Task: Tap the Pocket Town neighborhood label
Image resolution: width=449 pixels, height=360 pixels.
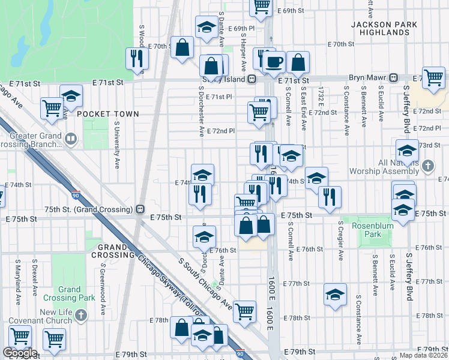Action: point(108,113)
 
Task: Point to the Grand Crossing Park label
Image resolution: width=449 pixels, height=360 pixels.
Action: point(69,293)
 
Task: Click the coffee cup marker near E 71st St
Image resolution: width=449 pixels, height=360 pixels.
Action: point(274,62)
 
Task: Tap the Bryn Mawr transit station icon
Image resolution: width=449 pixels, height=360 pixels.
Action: point(394,77)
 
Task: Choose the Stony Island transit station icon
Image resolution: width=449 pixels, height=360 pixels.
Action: point(253,79)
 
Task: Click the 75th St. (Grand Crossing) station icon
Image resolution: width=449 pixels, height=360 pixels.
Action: point(139,209)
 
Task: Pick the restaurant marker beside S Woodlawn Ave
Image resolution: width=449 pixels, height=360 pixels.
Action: point(137,58)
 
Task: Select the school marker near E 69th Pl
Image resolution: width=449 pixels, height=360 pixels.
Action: point(206,27)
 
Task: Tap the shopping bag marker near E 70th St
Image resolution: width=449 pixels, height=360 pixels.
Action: point(182,47)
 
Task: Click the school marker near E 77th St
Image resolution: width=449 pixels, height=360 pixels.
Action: point(335,295)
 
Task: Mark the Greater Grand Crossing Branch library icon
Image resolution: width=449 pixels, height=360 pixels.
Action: point(71,140)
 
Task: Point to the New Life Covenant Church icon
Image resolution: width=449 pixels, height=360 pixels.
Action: point(82,315)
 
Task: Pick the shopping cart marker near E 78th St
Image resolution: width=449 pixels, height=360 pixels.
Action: point(244,311)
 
